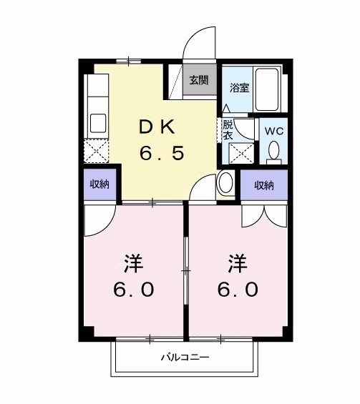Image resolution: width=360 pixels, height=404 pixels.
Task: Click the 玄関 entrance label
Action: (x=200, y=80)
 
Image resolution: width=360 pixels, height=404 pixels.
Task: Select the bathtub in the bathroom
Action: (x=271, y=89)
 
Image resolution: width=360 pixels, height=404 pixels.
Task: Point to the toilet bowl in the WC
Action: (x=273, y=151)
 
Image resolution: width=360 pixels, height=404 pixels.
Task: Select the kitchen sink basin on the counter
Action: (x=97, y=122)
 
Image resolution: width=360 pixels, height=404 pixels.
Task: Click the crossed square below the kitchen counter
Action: (x=97, y=151)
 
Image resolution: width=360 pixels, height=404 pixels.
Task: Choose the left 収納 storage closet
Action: (x=99, y=185)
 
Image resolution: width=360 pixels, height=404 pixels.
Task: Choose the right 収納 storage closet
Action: (x=263, y=185)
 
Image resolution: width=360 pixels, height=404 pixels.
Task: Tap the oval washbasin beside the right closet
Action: (x=225, y=182)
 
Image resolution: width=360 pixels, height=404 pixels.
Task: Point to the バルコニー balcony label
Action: (x=184, y=357)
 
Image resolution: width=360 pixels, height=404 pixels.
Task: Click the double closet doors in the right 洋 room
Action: (x=263, y=212)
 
